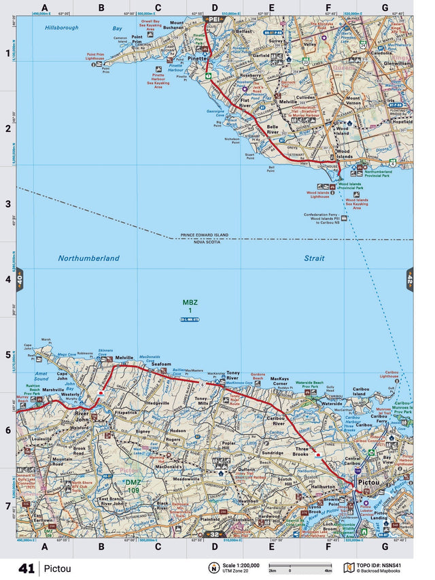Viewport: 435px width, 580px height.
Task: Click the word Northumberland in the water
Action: point(88,258)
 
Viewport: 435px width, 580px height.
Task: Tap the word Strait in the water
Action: point(314,258)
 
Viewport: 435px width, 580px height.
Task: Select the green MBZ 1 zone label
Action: point(190,307)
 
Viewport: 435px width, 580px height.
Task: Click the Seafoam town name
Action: point(161,364)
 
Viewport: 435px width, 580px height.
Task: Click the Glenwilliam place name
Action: point(397,63)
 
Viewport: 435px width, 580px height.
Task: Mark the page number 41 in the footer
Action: point(27,568)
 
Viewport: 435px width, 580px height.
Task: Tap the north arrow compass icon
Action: point(214,568)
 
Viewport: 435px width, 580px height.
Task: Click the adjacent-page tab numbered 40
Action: point(20,279)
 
